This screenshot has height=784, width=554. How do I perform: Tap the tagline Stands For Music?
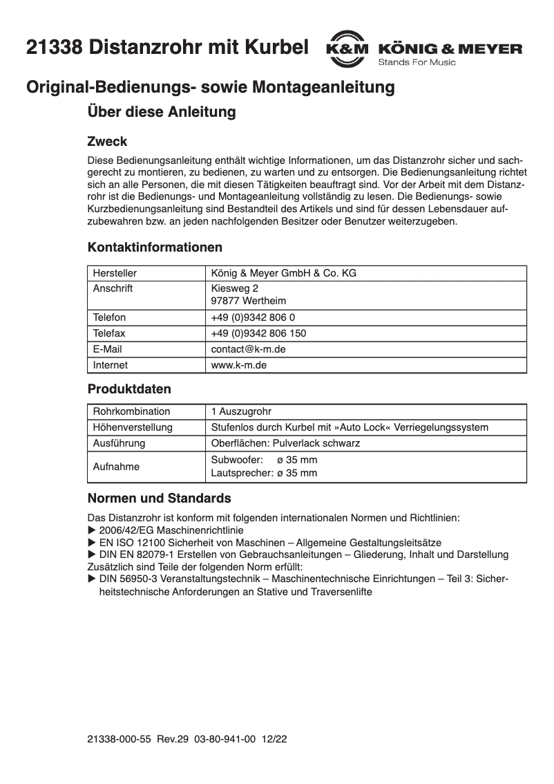coord(417,62)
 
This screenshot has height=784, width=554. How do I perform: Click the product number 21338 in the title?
coord(55,48)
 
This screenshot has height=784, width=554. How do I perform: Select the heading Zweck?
coord(107,142)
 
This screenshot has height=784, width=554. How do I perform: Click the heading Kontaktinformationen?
coord(155,247)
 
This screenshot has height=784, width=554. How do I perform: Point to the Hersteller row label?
coord(115,273)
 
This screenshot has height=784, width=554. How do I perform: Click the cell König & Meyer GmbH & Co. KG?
coord(283,273)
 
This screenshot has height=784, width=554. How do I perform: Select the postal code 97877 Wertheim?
coord(249,301)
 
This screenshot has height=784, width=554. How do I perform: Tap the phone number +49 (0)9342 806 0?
coord(254,317)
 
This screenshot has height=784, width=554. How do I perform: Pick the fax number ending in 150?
coord(258,333)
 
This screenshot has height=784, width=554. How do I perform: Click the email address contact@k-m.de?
coord(248,349)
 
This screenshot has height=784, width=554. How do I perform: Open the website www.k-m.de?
coord(238,365)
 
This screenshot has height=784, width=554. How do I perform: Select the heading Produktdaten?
coord(129,389)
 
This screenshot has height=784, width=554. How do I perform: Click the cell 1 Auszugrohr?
coord(241,411)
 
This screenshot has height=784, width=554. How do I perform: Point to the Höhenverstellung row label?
coord(133,427)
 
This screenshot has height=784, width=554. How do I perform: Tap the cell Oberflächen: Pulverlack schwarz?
coord(285,443)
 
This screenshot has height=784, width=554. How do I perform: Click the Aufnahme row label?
coord(116,467)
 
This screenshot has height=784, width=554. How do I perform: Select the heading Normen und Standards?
coord(159,498)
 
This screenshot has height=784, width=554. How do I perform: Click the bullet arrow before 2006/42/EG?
coord(92,530)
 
